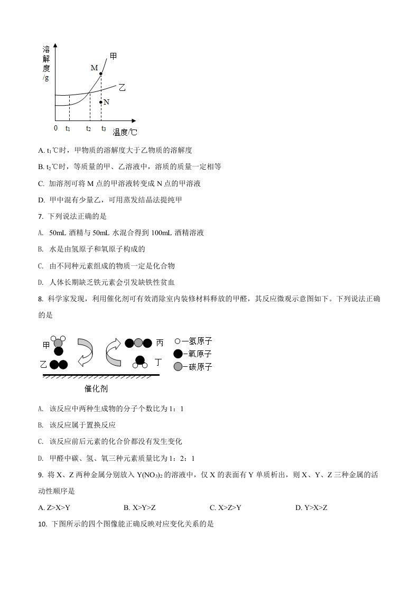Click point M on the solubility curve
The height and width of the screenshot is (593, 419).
pyautogui.click(x=101, y=73)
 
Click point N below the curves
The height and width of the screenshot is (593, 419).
pyautogui.click(x=101, y=101)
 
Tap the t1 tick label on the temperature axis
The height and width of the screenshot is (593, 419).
pyautogui.click(x=68, y=128)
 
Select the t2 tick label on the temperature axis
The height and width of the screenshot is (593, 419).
pyautogui.click(x=89, y=128)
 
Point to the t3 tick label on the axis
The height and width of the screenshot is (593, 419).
pyautogui.click(x=104, y=128)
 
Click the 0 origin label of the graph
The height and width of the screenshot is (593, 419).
pyautogui.click(x=56, y=128)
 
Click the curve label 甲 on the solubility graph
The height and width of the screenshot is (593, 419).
pyautogui.click(x=113, y=57)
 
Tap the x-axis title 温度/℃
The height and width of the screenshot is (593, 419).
pyautogui.click(x=125, y=132)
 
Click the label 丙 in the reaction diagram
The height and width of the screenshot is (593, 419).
pyautogui.click(x=160, y=343)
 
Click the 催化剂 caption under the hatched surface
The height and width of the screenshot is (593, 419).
pyautogui.click(x=96, y=389)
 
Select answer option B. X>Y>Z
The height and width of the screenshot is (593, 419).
pyautogui.click(x=139, y=508)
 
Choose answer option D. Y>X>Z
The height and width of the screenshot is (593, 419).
pyautogui.click(x=311, y=508)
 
